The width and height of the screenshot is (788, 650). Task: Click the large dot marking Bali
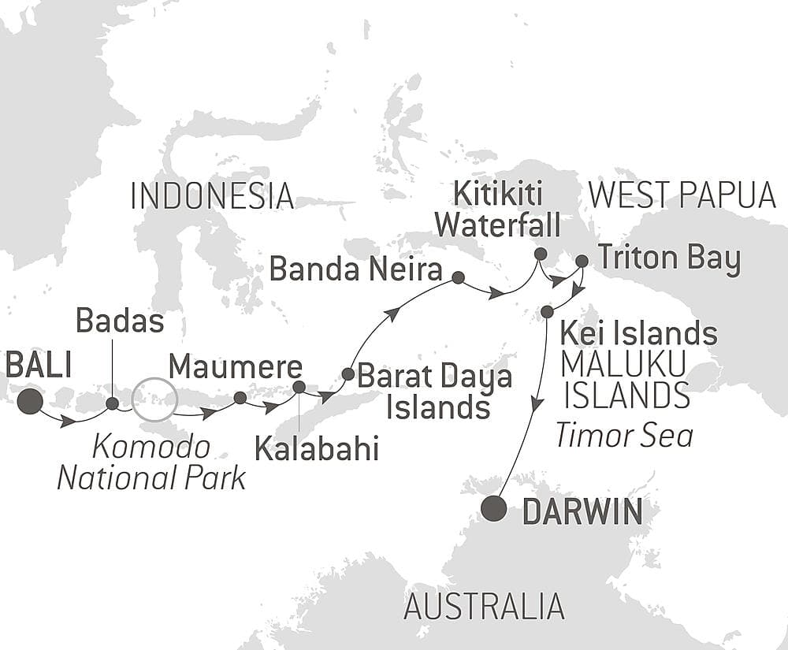pyautogui.click(x=30, y=401)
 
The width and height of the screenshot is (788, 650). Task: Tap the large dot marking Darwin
pyautogui.click(x=494, y=509)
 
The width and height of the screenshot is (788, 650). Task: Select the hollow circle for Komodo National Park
pyautogui.click(x=153, y=399)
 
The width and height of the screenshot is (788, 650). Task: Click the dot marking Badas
pyautogui.click(x=112, y=403)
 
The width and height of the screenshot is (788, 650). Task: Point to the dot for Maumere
pyautogui.click(x=240, y=398)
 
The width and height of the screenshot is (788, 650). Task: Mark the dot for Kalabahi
pyautogui.click(x=299, y=387)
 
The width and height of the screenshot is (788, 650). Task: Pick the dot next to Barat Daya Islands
pyautogui.click(x=348, y=373)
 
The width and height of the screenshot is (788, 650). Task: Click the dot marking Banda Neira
pyautogui.click(x=458, y=277)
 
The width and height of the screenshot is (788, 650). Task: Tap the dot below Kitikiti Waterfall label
pyautogui.click(x=540, y=254)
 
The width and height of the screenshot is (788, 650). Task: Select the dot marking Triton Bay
pyautogui.click(x=582, y=261)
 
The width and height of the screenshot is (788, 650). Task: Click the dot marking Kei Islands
pyautogui.click(x=547, y=313)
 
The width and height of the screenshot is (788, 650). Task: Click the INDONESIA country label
pyautogui.click(x=212, y=196)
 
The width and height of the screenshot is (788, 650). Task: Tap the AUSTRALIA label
pyautogui.click(x=484, y=607)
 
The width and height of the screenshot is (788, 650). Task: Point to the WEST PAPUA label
pyautogui.click(x=682, y=196)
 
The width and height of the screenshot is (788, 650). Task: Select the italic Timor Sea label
pyautogui.click(x=624, y=434)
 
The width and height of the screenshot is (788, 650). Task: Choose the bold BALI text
pyautogui.click(x=39, y=366)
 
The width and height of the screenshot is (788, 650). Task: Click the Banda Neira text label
pyautogui.click(x=355, y=270)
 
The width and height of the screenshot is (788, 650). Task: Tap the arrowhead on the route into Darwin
pyautogui.click(x=536, y=404)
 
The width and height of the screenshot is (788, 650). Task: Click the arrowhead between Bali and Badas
pyautogui.click(x=69, y=422)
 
